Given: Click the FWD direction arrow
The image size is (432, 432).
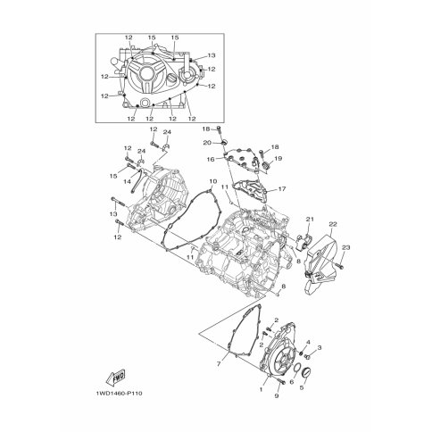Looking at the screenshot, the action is (x=115, y=378).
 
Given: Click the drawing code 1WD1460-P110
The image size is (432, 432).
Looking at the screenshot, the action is (x=119, y=394).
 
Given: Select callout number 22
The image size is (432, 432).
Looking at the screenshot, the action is (x=333, y=224).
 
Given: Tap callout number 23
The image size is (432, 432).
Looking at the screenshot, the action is (x=346, y=247).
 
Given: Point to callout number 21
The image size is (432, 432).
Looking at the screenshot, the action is (x=310, y=220).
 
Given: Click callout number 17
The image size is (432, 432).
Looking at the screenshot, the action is (x=282, y=189).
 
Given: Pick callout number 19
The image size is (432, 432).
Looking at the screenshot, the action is (x=278, y=159).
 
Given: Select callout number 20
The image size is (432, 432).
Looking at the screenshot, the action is (x=207, y=143).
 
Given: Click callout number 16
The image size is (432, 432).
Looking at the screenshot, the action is (x=211, y=160).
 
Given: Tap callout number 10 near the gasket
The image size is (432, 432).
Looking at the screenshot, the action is (x=213, y=181).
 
